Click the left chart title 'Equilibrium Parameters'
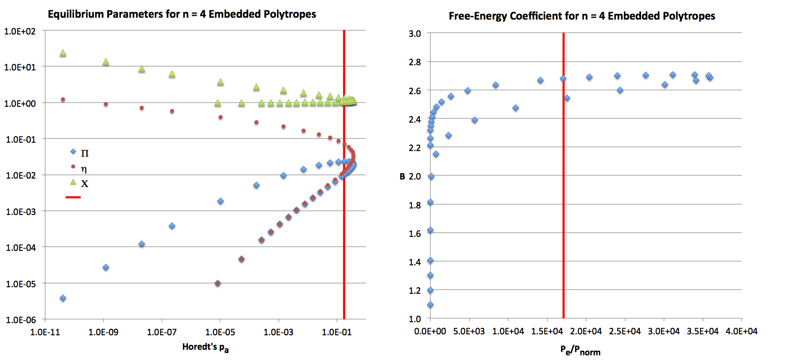(x=182, y=14)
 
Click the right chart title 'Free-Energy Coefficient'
(x=581, y=16)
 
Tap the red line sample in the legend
(x=73, y=197)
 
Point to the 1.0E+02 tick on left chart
(x=20, y=31)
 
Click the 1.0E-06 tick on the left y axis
(x=20, y=320)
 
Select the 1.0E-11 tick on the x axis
(x=45, y=332)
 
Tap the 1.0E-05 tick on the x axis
(x=220, y=332)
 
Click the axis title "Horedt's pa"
(x=205, y=347)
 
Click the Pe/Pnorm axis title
(x=580, y=350)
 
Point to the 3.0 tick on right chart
(x=415, y=34)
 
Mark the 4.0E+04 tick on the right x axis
(x=741, y=331)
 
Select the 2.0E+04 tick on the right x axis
(x=586, y=331)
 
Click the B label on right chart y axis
(x=402, y=176)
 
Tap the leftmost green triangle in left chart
(x=63, y=53)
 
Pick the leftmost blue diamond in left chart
(x=63, y=298)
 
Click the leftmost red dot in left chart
(x=63, y=99)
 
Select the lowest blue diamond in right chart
(x=430, y=305)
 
